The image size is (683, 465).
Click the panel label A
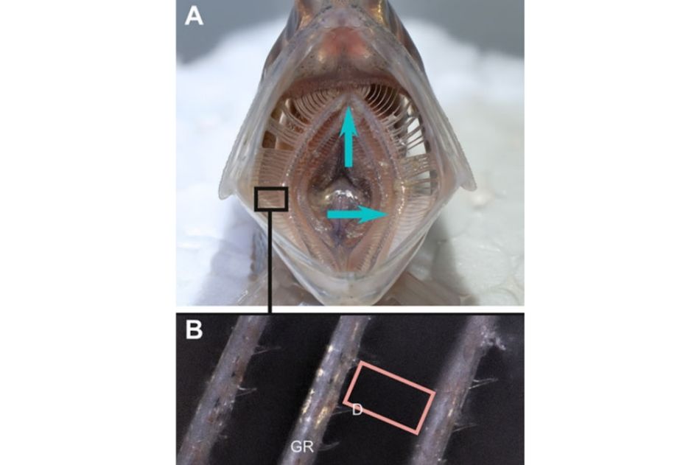coord(193,17)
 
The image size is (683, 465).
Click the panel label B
coord(194,330)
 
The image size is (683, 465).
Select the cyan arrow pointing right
coord(357,214)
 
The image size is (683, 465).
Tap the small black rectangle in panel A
coord(271,199)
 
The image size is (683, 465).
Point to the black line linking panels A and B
coord(270,262)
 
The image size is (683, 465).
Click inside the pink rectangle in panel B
coord(390,397)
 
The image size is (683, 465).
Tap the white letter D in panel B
coord(357,410)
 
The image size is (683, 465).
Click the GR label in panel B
coord(302,447)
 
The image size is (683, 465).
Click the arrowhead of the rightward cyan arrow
coord(374,214)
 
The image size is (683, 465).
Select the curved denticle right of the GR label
coord(328,445)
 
